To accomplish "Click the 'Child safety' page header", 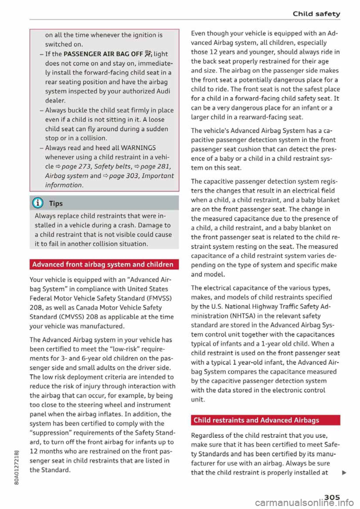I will click(316, 14).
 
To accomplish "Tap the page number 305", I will click(332, 497).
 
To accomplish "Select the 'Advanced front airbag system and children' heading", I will click(103, 265).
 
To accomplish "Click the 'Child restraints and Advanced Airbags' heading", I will click(256, 420).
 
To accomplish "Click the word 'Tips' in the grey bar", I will click(56, 204).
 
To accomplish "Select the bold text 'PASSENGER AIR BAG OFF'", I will click(103, 54).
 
